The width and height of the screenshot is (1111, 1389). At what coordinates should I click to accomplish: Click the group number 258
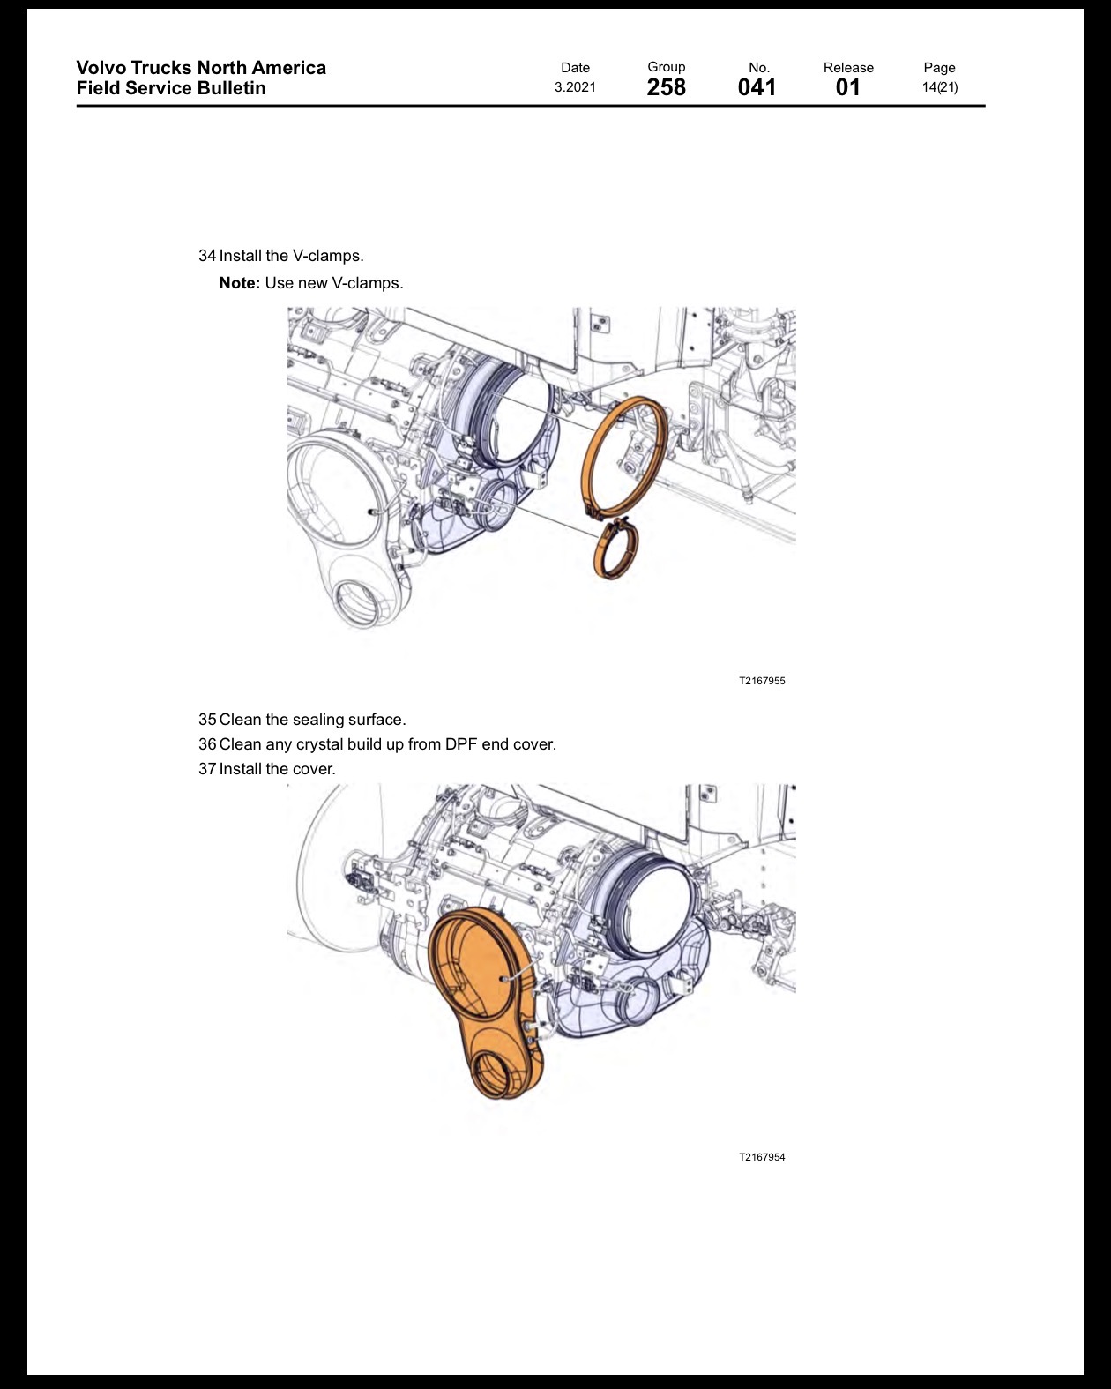click(667, 87)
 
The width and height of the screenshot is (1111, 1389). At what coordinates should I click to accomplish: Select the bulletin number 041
click(757, 87)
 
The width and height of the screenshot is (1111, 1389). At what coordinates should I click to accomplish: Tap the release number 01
click(847, 87)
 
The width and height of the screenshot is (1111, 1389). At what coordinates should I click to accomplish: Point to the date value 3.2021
click(575, 87)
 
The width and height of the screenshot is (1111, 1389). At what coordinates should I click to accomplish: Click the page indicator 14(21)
click(939, 87)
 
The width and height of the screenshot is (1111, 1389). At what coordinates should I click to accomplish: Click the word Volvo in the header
click(101, 68)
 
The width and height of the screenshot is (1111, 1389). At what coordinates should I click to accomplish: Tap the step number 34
click(207, 256)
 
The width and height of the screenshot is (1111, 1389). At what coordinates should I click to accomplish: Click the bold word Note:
click(240, 283)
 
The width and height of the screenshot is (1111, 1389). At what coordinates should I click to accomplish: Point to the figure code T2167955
click(762, 681)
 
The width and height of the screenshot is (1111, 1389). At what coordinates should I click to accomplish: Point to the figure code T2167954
click(762, 1157)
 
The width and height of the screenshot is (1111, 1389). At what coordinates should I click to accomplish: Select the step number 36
click(207, 744)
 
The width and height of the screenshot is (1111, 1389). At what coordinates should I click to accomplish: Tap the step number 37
click(207, 769)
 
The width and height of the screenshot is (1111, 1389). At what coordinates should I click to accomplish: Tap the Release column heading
click(848, 68)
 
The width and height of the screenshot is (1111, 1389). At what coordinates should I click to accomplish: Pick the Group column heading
click(667, 67)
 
